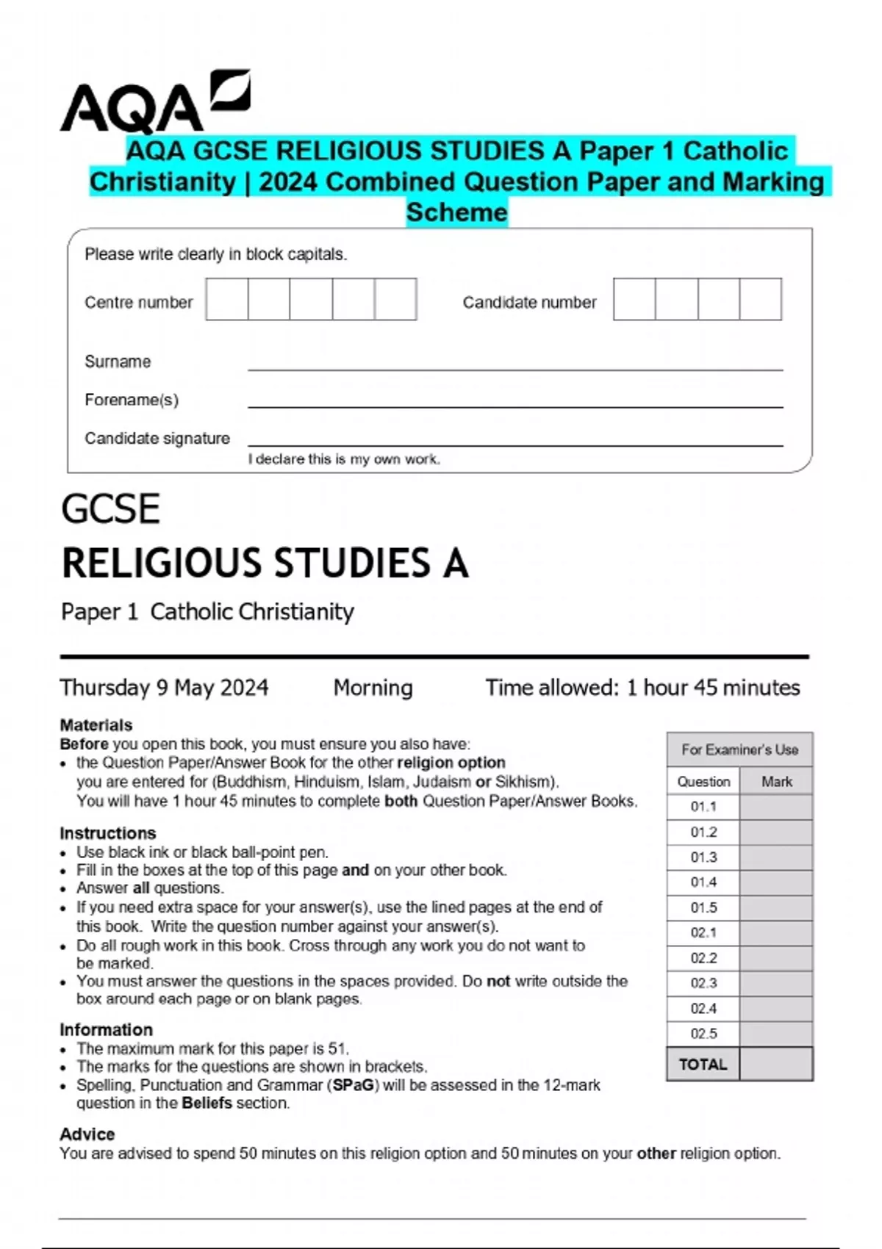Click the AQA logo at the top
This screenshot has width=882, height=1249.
pyautogui.click(x=154, y=103)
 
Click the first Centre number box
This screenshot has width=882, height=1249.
pyautogui.click(x=226, y=299)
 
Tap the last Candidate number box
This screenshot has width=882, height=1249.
pyautogui.click(x=760, y=299)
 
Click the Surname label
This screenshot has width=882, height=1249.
pyautogui.click(x=118, y=361)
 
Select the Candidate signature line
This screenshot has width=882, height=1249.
pyautogui.click(x=514, y=444)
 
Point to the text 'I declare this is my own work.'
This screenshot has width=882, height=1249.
pyautogui.click(x=344, y=459)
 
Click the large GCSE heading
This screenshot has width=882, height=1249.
pyautogui.click(x=110, y=509)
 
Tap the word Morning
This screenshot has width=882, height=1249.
pyautogui.click(x=373, y=688)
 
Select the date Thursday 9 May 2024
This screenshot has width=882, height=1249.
pyautogui.click(x=164, y=688)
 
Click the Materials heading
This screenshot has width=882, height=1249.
pyautogui.click(x=96, y=725)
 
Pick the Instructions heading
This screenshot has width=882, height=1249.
pyautogui.click(x=108, y=833)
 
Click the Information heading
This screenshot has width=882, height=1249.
pyautogui.click(x=107, y=1029)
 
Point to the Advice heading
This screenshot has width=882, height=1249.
pyautogui.click(x=87, y=1134)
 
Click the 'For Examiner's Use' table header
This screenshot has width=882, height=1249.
pyautogui.click(x=739, y=750)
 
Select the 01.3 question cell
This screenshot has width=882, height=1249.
pyautogui.click(x=703, y=857)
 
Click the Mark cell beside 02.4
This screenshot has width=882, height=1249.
pyautogui.click(x=776, y=1009)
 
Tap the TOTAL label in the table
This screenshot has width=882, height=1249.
pyautogui.click(x=703, y=1065)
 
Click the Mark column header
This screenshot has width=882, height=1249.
pyautogui.click(x=776, y=782)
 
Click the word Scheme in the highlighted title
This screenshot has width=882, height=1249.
pyautogui.click(x=456, y=212)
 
